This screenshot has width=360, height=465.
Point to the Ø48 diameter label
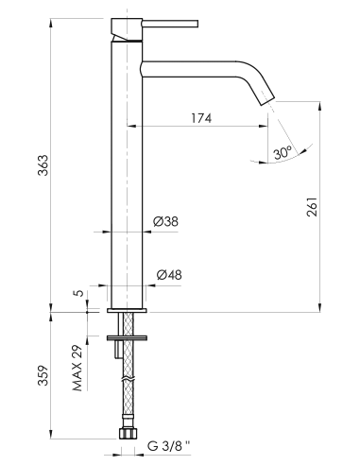tap(167, 275)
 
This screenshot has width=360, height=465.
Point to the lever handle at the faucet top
tap(121, 36)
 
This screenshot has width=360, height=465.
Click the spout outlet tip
tap(267, 103)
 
